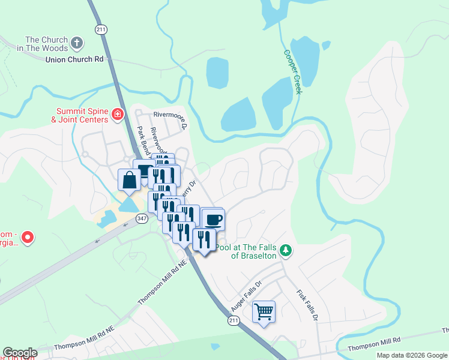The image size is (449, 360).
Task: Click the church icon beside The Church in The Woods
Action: click(76, 43)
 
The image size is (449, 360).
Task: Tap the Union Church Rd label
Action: click(74, 59)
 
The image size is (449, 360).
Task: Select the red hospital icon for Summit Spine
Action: click(118, 114)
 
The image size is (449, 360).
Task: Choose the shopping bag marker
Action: click(129, 179)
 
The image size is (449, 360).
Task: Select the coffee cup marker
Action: click(213, 219)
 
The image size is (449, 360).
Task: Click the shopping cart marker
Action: click(264, 311)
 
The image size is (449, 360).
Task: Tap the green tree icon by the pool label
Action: click(287, 250)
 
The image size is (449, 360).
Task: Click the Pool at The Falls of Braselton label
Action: click(247, 251)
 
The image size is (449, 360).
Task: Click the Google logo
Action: click(20, 353)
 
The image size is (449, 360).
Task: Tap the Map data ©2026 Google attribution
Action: click(411, 355)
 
